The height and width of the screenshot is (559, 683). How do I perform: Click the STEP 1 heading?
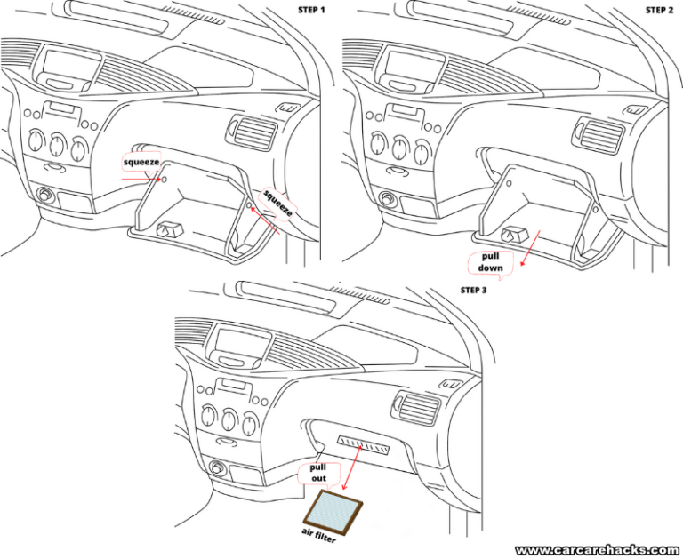click(x=313, y=10)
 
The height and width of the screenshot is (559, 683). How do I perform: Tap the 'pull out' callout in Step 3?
click(x=318, y=472)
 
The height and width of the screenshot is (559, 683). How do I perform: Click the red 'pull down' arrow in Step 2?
click(x=530, y=248)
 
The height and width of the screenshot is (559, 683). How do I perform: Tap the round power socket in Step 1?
click(x=43, y=195)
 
